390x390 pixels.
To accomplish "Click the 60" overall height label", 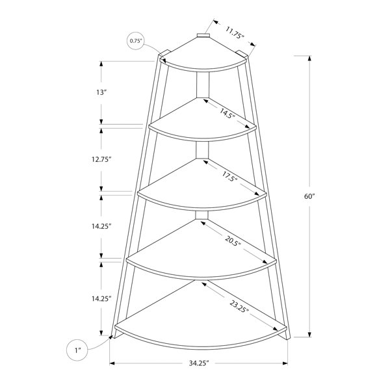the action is pyautogui.click(x=309, y=196).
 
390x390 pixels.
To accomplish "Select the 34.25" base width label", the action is pyautogui.click(x=198, y=363).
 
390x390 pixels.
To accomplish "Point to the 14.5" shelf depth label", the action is pyautogui.click(x=227, y=113).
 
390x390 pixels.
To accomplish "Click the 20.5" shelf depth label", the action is pyautogui.click(x=233, y=240).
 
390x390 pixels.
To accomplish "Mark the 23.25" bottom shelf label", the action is pyautogui.click(x=239, y=306).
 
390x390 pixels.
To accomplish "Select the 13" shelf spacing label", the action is pyautogui.click(x=101, y=92).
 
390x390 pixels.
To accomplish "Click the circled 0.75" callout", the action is pyautogui.click(x=136, y=41).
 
